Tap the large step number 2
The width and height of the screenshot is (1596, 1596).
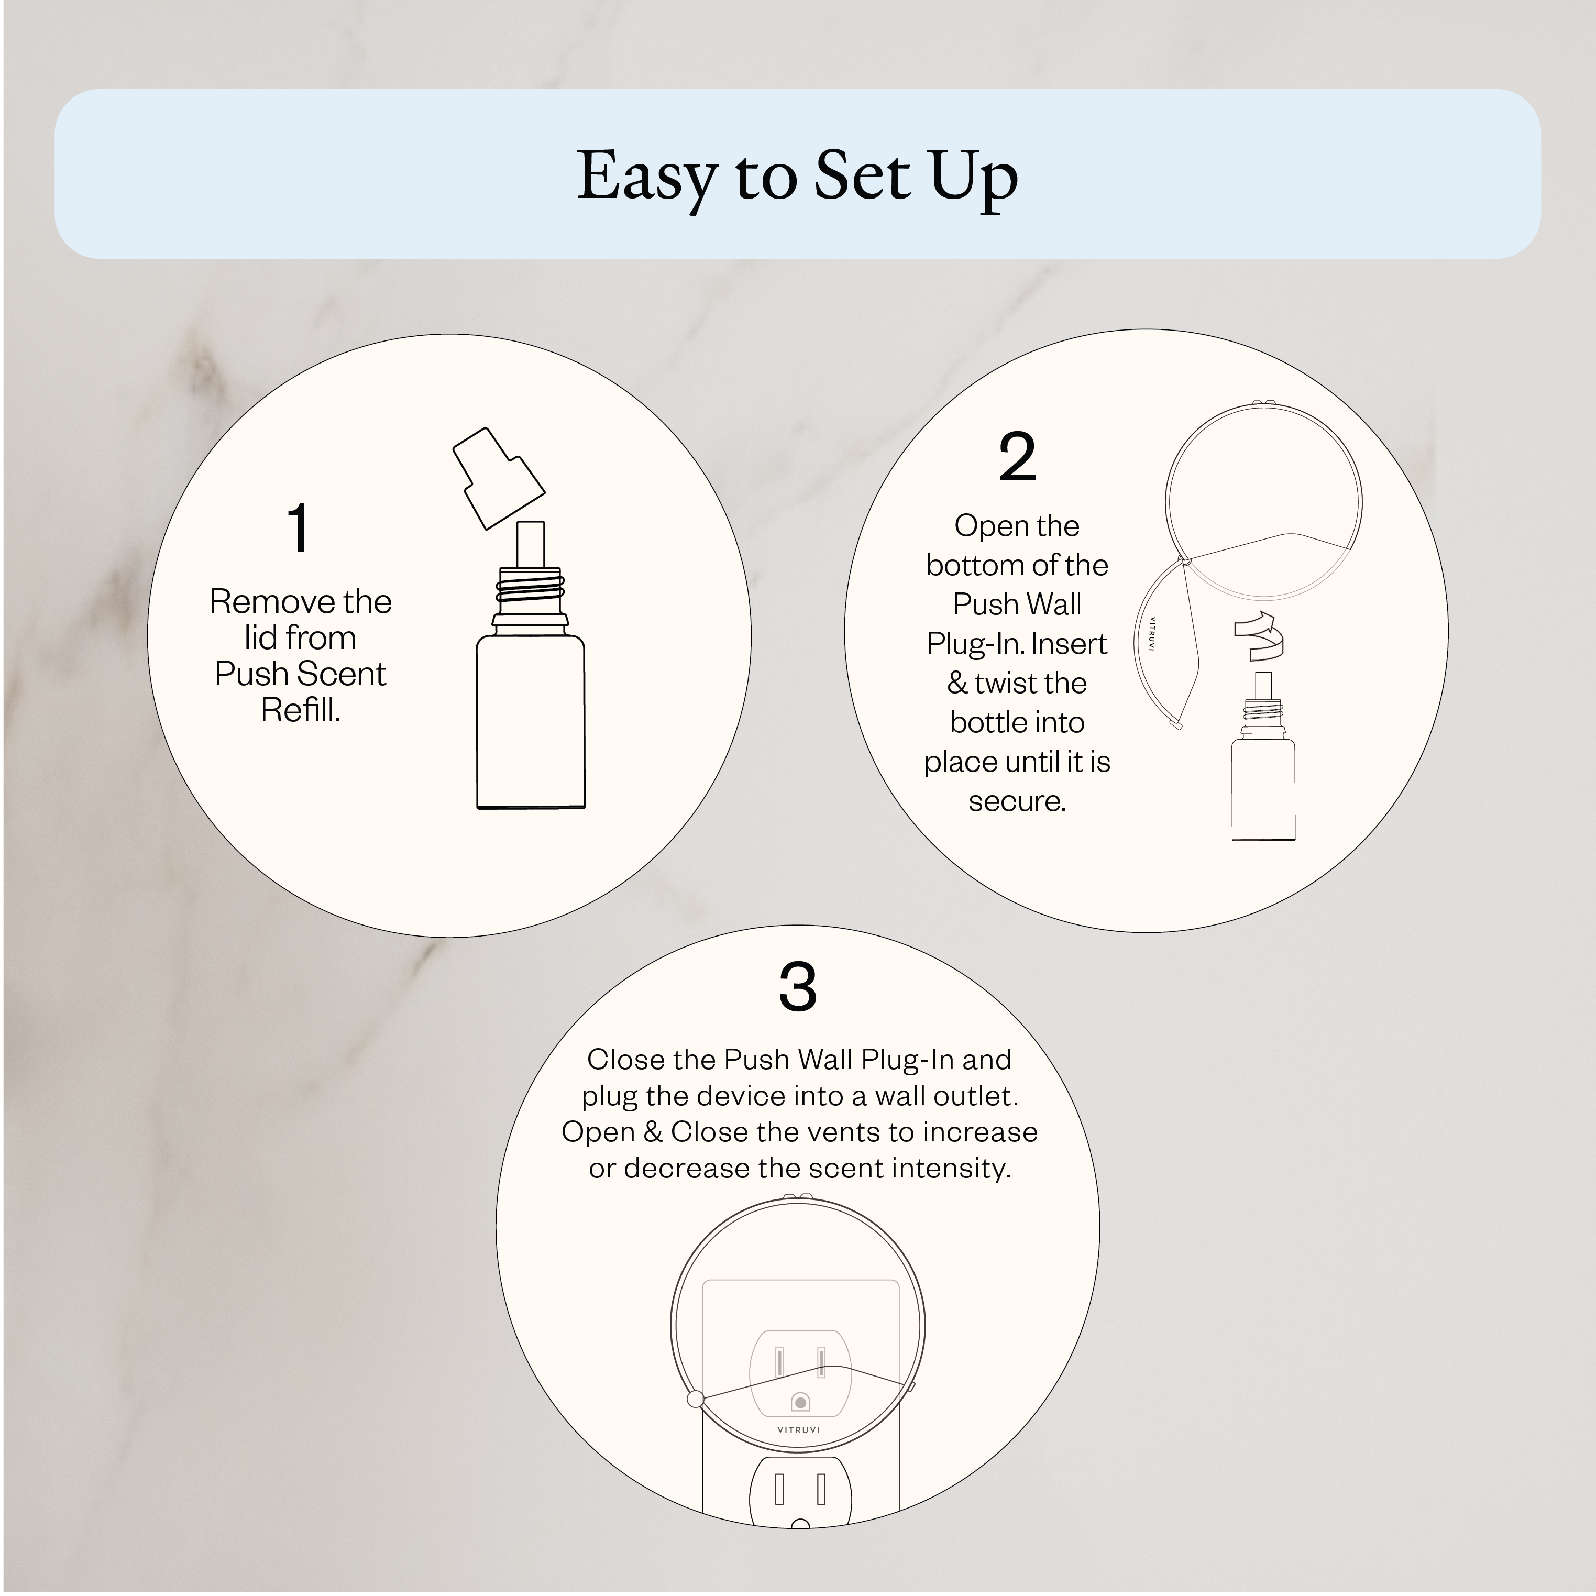click(x=1017, y=458)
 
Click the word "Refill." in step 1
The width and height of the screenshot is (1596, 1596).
click(x=301, y=710)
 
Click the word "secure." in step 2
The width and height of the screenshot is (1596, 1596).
click(x=1017, y=801)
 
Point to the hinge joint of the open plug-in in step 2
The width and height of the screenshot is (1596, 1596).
click(x=1185, y=562)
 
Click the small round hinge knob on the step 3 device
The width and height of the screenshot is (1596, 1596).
click(x=696, y=1399)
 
